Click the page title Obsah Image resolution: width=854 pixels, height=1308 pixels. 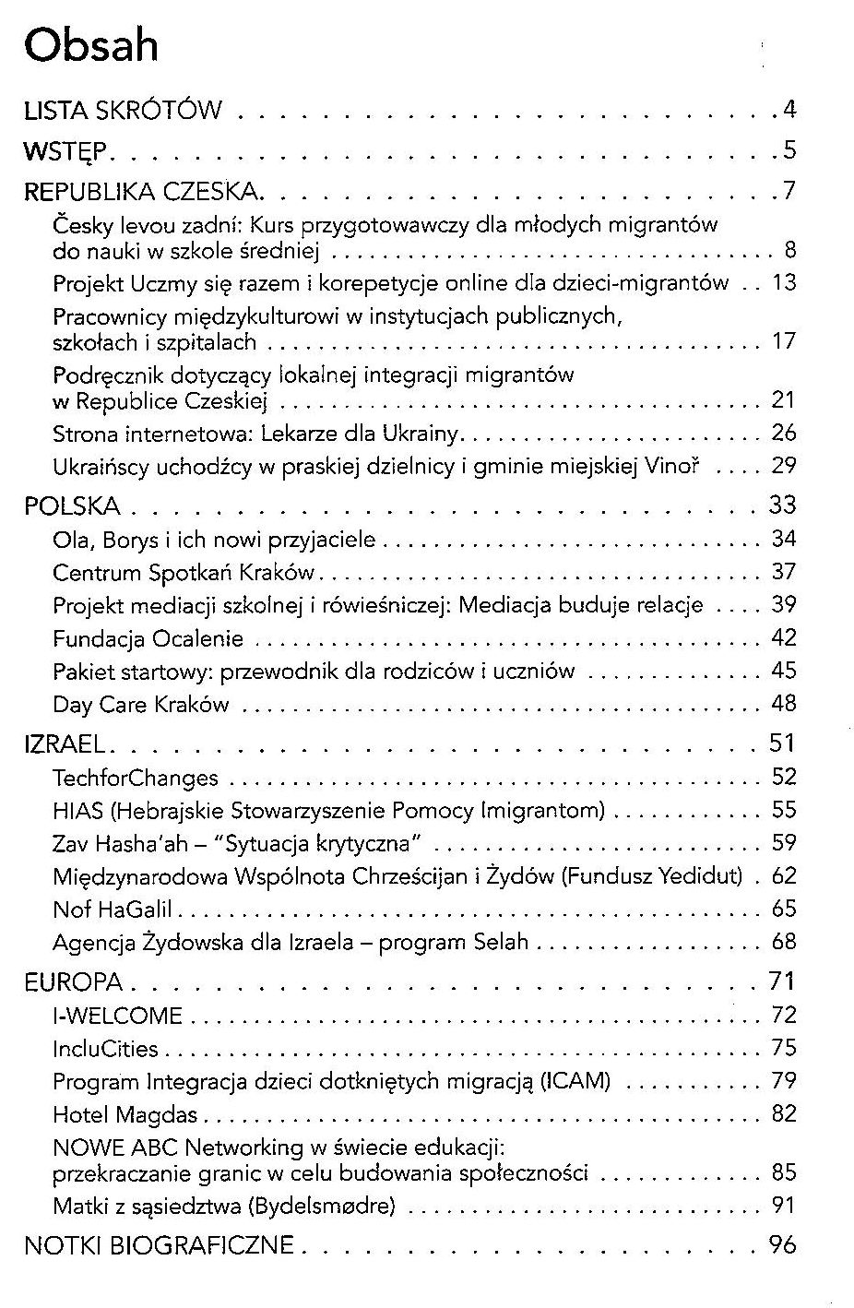(x=91, y=45)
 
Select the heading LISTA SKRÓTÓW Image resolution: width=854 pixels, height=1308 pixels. (x=123, y=111)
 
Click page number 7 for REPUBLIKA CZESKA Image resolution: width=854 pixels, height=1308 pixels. (x=789, y=192)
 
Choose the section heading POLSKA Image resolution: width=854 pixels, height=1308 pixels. (x=72, y=506)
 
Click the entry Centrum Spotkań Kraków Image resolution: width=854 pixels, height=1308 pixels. (x=184, y=573)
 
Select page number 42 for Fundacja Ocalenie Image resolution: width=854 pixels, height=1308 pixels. (x=783, y=638)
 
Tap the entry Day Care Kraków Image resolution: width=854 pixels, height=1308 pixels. (x=140, y=706)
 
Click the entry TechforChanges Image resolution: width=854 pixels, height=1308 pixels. (x=136, y=778)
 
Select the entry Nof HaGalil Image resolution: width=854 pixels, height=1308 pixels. (x=113, y=910)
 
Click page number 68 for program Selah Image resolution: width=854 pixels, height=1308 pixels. (x=783, y=942)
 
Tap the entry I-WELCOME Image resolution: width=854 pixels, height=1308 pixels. (x=117, y=1017)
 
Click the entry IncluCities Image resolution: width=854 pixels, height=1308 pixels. (x=105, y=1049)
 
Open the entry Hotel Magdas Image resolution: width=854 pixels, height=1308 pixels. (x=125, y=1115)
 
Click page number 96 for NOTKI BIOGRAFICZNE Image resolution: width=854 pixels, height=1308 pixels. (x=782, y=1245)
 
